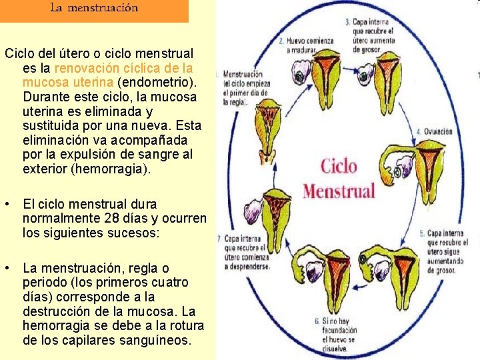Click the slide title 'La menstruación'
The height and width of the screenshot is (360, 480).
click(x=94, y=9)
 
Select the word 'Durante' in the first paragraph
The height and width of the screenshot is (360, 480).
click(x=47, y=97)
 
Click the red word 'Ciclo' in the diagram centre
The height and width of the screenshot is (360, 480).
click(x=339, y=166)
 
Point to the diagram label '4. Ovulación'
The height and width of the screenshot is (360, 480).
click(x=434, y=131)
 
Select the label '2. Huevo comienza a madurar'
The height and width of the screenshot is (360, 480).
click(x=311, y=45)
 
